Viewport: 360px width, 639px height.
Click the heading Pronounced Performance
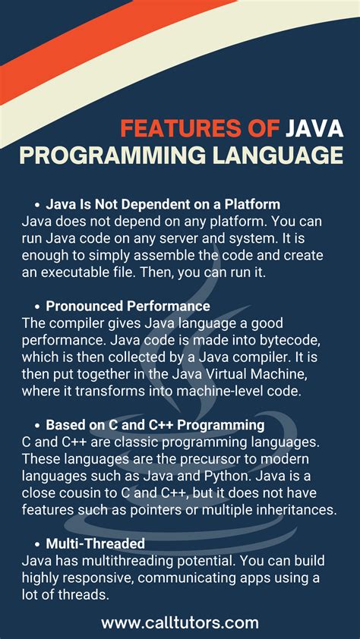pyautogui.click(x=128, y=307)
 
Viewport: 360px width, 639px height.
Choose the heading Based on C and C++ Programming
pyautogui.click(x=155, y=425)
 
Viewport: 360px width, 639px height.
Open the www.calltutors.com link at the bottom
pyautogui.click(x=180, y=623)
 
